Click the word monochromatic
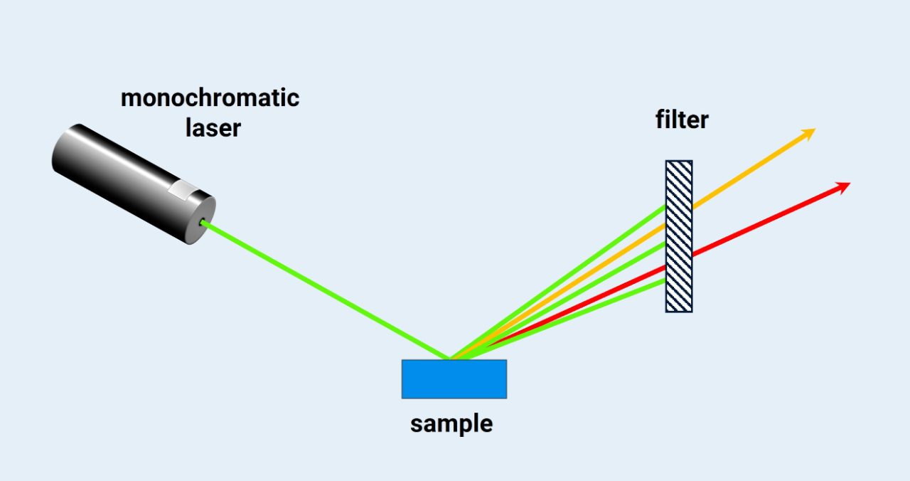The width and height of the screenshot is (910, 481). [x=210, y=98]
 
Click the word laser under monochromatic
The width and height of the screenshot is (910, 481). [x=213, y=129]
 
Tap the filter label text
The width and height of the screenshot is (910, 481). [x=682, y=120]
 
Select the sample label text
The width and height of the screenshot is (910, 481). [x=451, y=424]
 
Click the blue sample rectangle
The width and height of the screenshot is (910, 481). [x=454, y=379]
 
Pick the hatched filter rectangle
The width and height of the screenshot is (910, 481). [x=679, y=236]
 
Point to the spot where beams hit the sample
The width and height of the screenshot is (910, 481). [x=451, y=359]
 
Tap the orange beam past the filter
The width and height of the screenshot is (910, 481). [x=754, y=168]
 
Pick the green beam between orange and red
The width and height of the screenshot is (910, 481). [x=569, y=299]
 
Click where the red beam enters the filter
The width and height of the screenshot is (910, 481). [x=666, y=266]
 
